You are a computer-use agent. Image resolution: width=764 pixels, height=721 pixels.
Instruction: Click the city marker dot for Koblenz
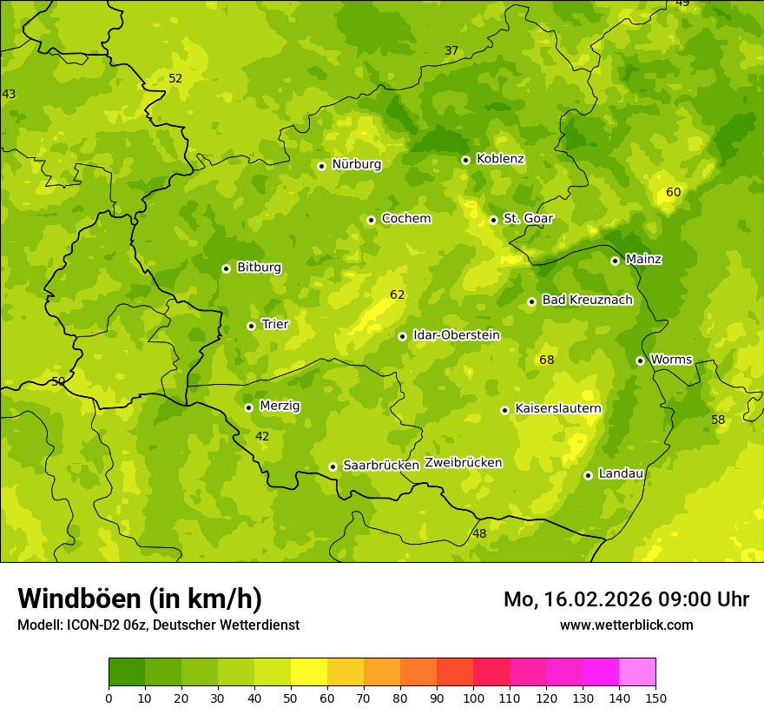(x=465, y=160)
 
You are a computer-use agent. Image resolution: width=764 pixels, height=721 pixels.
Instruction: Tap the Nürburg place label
(x=357, y=164)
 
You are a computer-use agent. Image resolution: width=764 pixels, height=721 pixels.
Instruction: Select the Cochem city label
(x=406, y=219)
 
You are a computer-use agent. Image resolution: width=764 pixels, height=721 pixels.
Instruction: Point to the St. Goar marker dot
(x=493, y=220)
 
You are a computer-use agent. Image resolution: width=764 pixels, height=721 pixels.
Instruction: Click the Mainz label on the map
(x=643, y=260)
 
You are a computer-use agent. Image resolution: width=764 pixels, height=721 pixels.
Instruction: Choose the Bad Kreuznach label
(x=587, y=300)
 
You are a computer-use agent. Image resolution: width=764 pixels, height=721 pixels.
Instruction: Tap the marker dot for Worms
(x=640, y=360)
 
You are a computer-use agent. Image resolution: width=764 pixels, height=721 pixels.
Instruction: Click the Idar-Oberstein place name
(x=457, y=335)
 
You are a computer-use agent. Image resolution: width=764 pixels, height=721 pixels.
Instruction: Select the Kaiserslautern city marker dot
(x=504, y=410)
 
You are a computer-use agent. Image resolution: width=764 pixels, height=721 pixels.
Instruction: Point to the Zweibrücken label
(x=463, y=463)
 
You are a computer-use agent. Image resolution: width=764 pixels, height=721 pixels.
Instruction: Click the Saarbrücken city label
(x=381, y=466)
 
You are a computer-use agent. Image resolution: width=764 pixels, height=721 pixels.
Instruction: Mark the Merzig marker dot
(x=248, y=407)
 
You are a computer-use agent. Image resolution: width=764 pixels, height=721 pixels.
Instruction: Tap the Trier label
(x=275, y=325)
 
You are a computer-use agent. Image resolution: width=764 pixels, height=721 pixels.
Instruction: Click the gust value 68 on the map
(x=546, y=360)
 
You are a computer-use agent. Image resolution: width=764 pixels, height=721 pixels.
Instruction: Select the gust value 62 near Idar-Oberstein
(x=397, y=295)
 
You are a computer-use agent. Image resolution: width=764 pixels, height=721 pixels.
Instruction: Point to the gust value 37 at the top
(x=451, y=51)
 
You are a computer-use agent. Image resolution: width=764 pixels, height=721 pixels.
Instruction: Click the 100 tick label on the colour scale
(x=473, y=698)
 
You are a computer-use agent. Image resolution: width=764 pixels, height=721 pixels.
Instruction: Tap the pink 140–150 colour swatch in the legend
(x=637, y=672)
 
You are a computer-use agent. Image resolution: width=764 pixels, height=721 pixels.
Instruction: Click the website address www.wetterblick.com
(x=626, y=625)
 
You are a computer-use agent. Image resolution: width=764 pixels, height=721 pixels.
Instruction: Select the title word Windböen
(x=79, y=599)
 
